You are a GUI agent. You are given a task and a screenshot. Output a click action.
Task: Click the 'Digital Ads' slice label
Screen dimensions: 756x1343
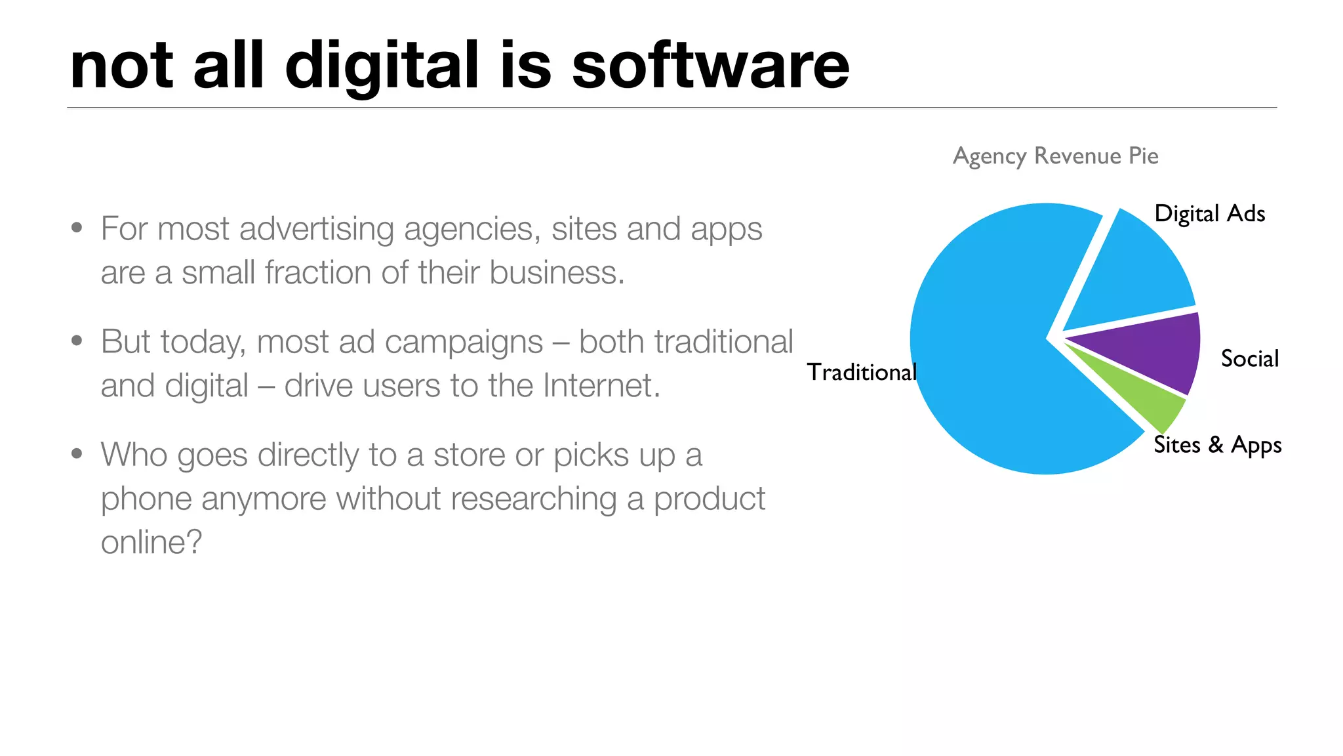1209,214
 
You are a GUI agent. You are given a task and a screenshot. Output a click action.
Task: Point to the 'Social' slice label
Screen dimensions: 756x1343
1249,359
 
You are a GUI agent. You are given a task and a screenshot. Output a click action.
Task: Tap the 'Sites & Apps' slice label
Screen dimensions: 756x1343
1217,445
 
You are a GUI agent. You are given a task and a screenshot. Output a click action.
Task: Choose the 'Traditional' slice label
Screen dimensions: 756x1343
861,372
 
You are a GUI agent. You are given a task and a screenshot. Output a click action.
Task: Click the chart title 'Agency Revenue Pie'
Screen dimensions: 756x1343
1055,156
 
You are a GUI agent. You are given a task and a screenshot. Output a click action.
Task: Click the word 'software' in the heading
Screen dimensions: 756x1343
710,66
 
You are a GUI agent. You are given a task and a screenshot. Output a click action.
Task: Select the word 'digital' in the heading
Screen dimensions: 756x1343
382,66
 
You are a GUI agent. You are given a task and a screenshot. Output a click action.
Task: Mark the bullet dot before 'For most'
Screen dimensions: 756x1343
77,228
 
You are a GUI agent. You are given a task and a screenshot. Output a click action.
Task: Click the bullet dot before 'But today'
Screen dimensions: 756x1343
77,341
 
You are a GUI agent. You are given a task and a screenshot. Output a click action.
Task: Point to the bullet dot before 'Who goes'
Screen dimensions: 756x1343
77,453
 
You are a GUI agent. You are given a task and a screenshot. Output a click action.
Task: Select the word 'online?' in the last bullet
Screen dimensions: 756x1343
151,542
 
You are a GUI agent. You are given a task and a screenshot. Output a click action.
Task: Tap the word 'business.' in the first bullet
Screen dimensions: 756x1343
557,272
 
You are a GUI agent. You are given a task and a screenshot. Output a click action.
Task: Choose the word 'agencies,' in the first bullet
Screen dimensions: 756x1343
472,230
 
